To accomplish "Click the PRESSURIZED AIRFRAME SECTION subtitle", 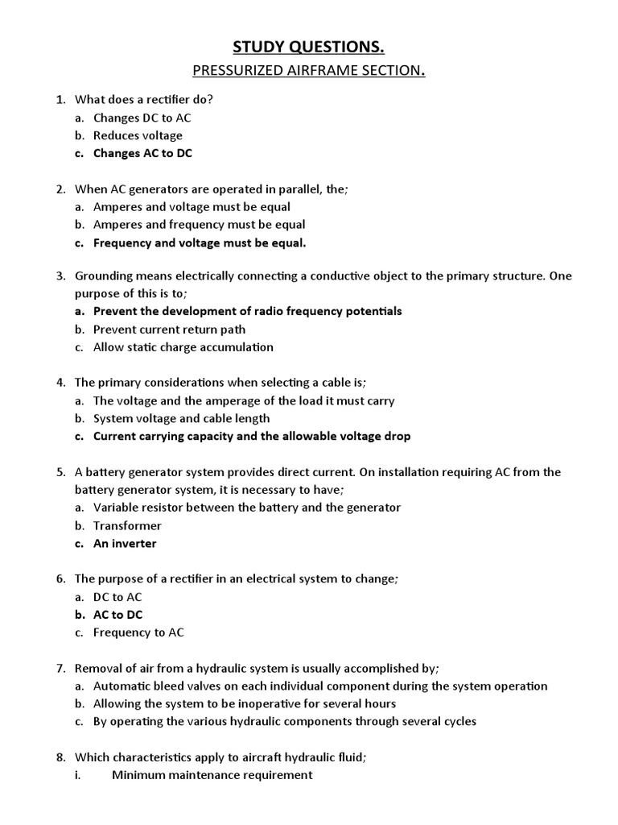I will [x=308, y=71].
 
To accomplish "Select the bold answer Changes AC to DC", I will [x=142, y=153].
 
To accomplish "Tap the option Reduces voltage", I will [x=138, y=135].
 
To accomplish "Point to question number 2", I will [x=60, y=189].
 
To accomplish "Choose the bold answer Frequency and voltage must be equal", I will [x=200, y=243].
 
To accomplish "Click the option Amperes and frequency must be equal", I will [x=199, y=225].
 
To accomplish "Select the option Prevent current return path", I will [x=169, y=330].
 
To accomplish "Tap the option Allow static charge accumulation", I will [x=183, y=347].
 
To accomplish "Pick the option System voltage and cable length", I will [x=181, y=418].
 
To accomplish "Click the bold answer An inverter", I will [x=125, y=543].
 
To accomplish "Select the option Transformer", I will [x=127, y=525].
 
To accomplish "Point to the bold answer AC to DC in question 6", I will [x=117, y=615].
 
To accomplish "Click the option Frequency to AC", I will [x=138, y=632].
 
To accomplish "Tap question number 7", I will [x=60, y=668].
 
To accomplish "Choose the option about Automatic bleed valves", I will [x=319, y=686].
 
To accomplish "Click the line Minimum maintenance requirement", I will [x=212, y=775].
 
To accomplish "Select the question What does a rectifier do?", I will [x=144, y=100].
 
